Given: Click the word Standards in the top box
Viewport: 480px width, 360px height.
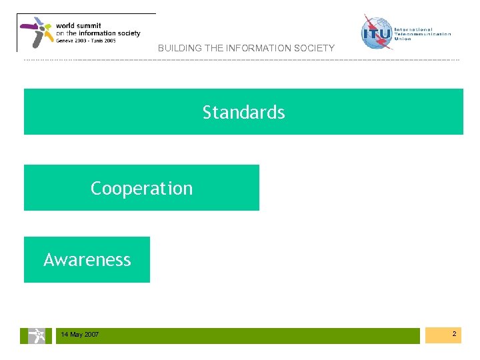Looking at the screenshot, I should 243,113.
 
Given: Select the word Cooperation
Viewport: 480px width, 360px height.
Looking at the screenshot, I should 141,189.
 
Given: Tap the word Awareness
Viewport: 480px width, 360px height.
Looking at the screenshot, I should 87,259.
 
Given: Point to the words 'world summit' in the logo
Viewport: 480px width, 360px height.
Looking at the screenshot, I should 79,25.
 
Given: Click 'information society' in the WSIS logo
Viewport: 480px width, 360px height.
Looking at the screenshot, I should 107,33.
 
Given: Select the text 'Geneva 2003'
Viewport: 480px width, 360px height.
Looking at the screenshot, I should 71,41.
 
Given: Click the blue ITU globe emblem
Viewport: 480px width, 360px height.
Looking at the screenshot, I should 377,31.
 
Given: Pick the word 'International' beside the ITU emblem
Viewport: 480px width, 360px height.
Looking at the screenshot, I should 413,29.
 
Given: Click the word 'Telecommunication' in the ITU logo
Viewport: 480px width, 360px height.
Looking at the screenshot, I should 423,34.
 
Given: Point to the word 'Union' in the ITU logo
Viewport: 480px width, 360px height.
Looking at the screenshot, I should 403,39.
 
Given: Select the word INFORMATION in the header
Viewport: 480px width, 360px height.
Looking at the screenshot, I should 254,48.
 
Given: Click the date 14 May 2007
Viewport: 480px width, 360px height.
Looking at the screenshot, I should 79,335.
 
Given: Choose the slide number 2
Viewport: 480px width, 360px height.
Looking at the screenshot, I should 453,333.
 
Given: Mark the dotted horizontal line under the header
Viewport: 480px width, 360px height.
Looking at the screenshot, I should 240,60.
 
